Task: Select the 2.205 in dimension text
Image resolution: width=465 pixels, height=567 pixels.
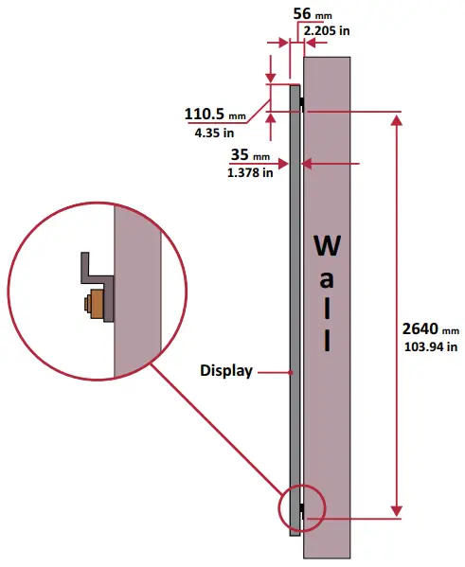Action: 327,30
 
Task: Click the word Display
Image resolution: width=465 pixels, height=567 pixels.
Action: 225,371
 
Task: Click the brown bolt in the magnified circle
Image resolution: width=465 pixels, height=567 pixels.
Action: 95,306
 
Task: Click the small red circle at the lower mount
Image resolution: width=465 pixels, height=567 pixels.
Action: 302,509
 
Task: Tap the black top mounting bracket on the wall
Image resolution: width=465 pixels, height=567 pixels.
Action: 302,101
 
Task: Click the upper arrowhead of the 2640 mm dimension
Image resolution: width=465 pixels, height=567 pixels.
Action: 397,120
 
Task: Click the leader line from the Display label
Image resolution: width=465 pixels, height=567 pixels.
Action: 273,372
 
